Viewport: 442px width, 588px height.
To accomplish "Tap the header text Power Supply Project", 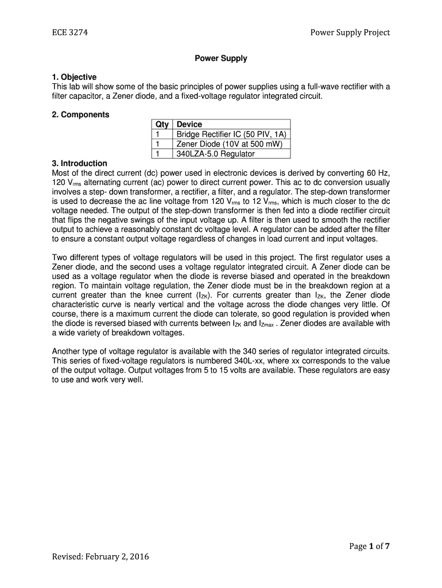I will point(350,33).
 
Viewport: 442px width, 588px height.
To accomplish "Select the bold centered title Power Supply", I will point(221,58).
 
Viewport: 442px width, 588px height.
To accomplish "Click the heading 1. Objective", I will point(74,77).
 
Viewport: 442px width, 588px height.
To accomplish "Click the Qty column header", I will point(161,125).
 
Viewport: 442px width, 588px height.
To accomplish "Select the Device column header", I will point(189,125).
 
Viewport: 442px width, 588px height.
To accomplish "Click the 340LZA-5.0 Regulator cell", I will point(215,154).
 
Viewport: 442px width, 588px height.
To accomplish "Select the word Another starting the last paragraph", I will point(68,351).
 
